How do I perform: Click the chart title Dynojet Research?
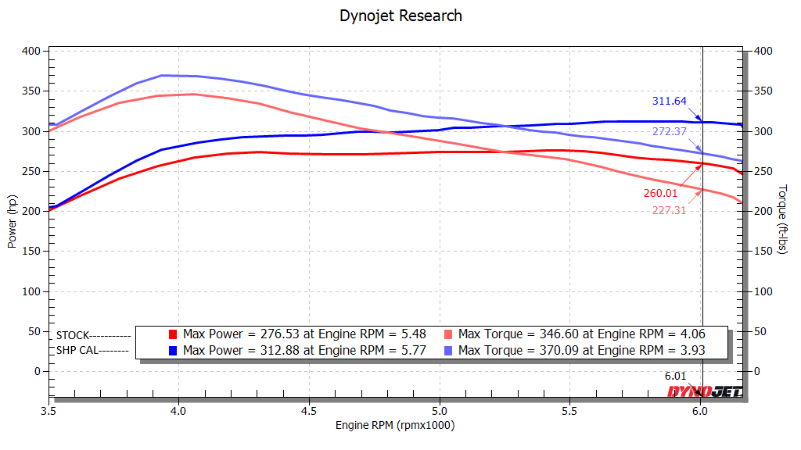click(400, 16)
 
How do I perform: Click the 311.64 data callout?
click(670, 101)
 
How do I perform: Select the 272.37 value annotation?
click(670, 131)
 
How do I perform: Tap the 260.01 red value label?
click(660, 193)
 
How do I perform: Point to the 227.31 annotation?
click(670, 210)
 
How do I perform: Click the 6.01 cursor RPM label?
click(675, 376)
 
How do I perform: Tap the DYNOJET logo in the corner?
click(705, 391)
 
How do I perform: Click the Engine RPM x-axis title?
click(395, 425)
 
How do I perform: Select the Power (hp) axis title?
click(12, 221)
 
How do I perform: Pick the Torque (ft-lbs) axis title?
click(782, 219)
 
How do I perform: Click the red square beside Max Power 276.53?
click(173, 334)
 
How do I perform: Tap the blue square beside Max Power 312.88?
click(173, 351)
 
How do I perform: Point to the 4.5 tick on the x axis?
click(308, 411)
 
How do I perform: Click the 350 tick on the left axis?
click(31, 91)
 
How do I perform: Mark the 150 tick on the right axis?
click(763, 251)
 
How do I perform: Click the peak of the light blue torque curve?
click(163, 76)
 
